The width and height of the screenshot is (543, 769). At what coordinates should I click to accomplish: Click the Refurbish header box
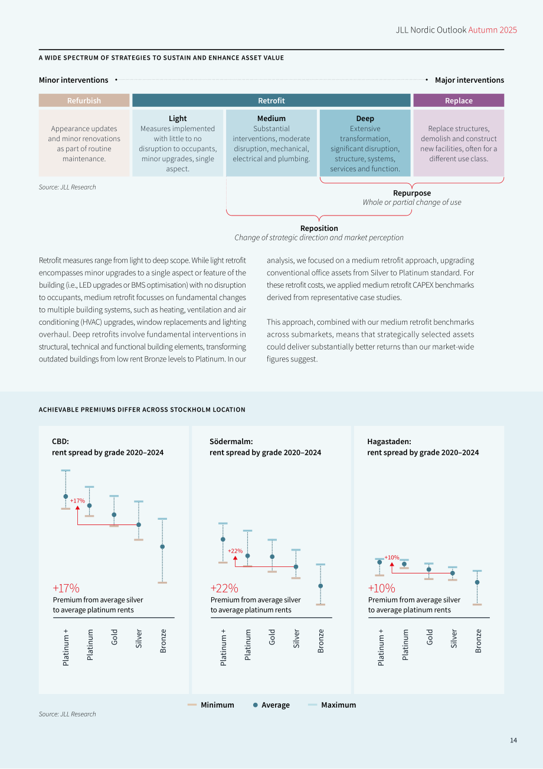pos(84,100)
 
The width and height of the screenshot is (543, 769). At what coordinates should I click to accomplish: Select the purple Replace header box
pos(459,100)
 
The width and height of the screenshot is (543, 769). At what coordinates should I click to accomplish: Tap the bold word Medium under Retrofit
pos(271,119)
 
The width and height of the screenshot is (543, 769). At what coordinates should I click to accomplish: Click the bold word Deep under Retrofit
pos(365,119)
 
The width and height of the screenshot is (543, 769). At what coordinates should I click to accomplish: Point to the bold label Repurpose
pos(412,193)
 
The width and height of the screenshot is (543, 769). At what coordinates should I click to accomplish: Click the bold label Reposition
pos(319,229)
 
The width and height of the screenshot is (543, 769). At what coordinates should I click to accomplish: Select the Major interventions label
pos(469,80)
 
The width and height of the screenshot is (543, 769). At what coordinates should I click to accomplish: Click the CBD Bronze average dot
pos(162,546)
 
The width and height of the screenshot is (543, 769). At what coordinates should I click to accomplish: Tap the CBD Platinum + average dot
pos(66,496)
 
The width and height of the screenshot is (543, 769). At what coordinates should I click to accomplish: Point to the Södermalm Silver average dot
pos(296,567)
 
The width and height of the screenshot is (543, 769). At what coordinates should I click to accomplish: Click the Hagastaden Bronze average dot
pos(477,582)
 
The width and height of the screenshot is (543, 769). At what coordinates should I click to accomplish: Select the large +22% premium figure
pos(224,588)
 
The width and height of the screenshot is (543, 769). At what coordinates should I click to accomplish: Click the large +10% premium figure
pos(381,588)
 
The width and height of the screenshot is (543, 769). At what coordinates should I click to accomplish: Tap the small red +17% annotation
pos(77,501)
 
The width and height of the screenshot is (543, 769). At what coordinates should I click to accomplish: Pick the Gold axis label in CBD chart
pos(115,637)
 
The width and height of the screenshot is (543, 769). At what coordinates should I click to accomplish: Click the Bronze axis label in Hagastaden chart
pos(479,641)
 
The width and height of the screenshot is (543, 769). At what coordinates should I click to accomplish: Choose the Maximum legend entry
pos(332,705)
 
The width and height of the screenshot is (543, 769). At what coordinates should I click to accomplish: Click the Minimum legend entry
pos(211,705)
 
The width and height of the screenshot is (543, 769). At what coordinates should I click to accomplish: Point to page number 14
pos(513,740)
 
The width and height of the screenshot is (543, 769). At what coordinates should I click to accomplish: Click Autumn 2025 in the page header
pos(492,30)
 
